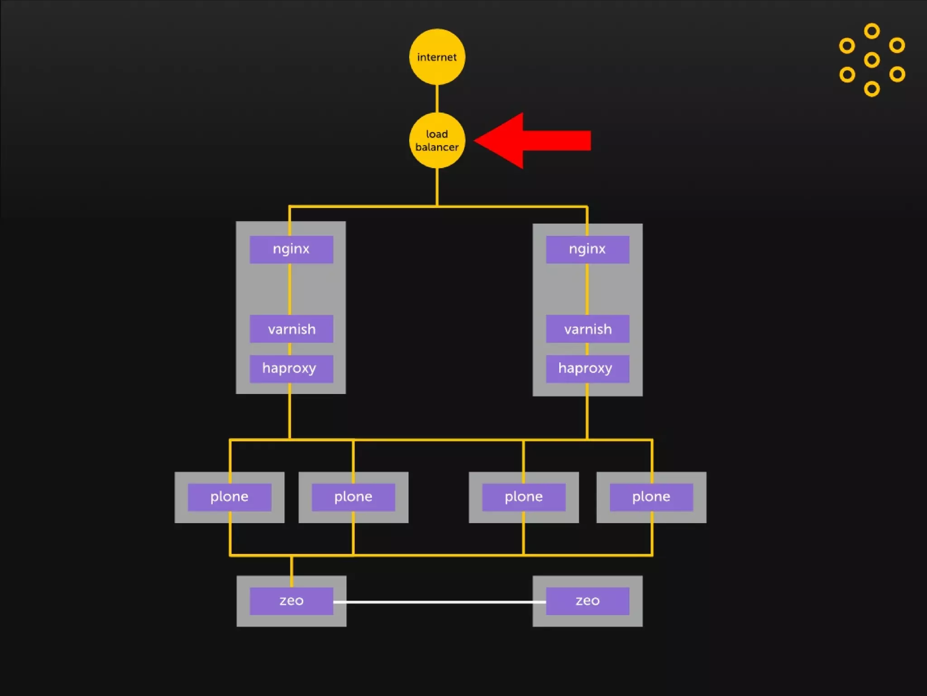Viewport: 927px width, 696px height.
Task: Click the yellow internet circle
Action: pos(437,57)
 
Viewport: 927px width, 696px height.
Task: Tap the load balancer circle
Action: pos(437,140)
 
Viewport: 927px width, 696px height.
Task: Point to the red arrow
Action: pos(534,140)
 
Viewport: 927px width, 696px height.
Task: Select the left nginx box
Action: pos(291,249)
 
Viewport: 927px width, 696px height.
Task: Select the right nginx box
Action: pos(588,249)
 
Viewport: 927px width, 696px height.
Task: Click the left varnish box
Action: pos(291,329)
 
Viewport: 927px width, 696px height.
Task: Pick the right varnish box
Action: pos(588,329)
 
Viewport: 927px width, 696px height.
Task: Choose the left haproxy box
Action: pos(291,368)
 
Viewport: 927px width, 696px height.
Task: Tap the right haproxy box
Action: pos(588,368)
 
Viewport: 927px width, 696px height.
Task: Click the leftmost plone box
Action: pos(229,497)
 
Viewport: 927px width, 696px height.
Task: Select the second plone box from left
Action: pos(353,497)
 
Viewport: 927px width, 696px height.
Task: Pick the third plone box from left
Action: pos(524,497)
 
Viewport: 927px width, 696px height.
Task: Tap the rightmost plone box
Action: pos(651,497)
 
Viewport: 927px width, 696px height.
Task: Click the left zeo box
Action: pos(291,601)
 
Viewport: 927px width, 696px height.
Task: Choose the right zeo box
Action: pos(588,601)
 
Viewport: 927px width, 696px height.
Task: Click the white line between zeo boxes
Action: pos(439,602)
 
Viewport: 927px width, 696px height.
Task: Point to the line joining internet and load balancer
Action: pos(437,98)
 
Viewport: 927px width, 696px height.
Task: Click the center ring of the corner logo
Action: pos(872,60)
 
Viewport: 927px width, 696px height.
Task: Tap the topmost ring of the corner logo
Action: pos(872,31)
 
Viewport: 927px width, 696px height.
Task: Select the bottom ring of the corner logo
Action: pos(872,89)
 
